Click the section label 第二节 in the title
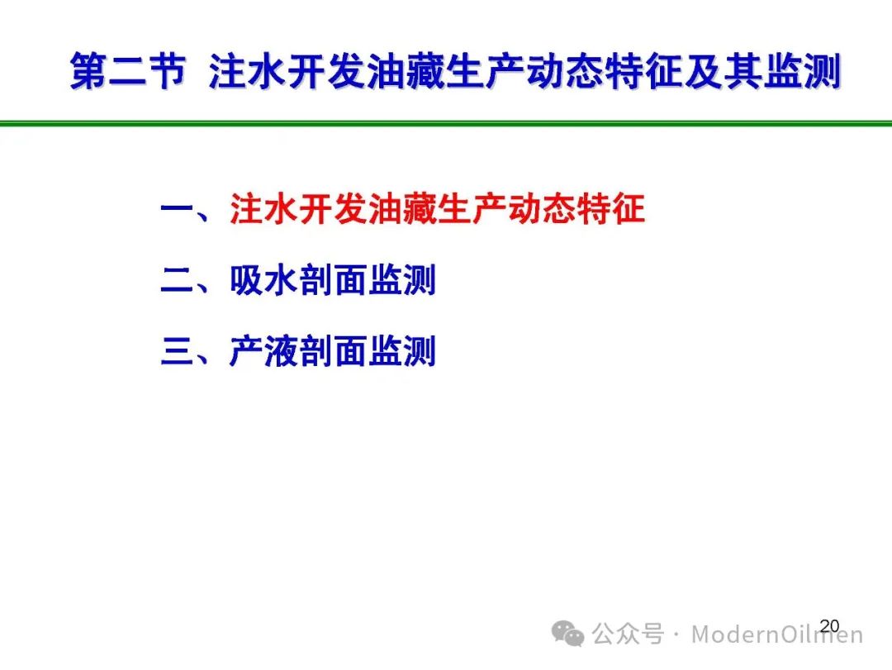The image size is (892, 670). [x=128, y=71]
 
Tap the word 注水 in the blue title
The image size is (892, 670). [x=248, y=71]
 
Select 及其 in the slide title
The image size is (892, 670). [x=723, y=71]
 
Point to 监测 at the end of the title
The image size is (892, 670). [x=801, y=71]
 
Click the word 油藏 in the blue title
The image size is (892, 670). [x=406, y=71]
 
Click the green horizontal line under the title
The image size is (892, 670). [x=446, y=123]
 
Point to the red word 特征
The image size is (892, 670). [x=611, y=209]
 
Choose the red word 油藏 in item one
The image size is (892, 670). [x=403, y=209]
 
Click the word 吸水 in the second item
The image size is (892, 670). [x=264, y=280]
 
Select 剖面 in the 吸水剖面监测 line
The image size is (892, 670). [x=334, y=280]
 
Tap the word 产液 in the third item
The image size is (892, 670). [x=264, y=351]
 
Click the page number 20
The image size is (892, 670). [x=829, y=626]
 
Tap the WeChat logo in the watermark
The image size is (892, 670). [x=567, y=634]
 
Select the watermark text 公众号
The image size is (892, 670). [x=628, y=634]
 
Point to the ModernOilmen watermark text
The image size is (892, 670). [x=777, y=634]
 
